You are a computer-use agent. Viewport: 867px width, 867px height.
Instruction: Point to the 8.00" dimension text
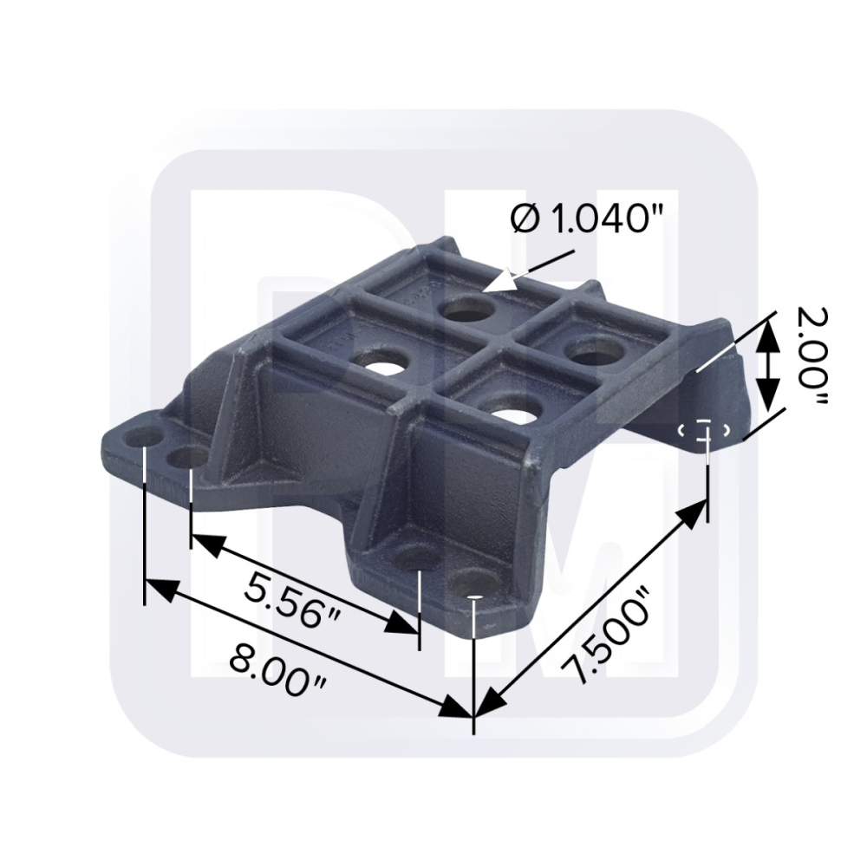coord(278,672)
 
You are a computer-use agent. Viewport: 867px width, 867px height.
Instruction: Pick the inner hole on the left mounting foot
coord(188,455)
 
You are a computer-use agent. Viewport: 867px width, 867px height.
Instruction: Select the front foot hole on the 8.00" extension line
coord(473,583)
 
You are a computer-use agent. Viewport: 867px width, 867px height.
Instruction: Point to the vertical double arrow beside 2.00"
coord(764,364)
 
